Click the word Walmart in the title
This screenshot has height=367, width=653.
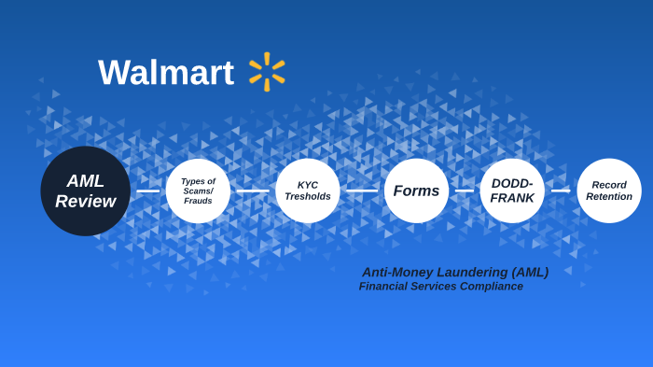166,73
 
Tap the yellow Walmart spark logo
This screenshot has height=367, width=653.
267,72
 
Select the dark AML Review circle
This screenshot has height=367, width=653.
86,191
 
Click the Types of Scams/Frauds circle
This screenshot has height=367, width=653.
198,191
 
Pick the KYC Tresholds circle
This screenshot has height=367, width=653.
308,191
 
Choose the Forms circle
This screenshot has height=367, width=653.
416,191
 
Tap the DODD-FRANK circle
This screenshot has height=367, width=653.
512,191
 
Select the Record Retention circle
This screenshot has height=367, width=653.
609,191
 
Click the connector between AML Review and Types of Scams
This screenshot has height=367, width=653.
148,191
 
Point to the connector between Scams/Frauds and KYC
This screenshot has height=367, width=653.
253,191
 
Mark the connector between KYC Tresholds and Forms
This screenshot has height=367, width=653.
362,191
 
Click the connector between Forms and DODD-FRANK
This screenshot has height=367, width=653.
465,191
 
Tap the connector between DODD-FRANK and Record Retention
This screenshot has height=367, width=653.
561,191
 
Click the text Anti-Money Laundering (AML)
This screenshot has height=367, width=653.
455,272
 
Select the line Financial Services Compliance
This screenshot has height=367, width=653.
441,287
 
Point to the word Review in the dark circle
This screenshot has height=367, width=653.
86,202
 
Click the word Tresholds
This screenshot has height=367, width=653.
308,197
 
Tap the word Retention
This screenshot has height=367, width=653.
609,197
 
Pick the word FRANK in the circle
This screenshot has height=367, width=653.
512,198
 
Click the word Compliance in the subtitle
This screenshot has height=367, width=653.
491,287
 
